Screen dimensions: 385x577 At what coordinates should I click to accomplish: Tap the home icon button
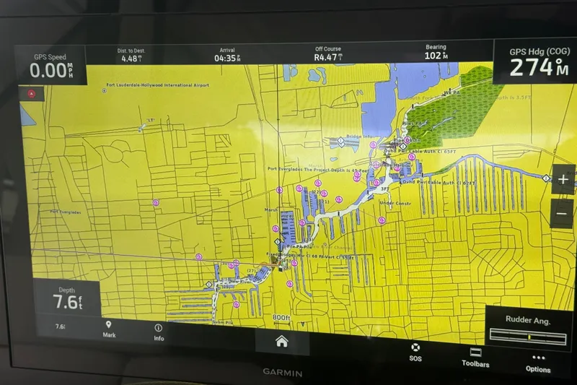(x=281, y=342)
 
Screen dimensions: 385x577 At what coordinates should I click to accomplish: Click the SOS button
(x=415, y=352)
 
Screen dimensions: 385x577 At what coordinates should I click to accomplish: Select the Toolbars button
(x=475, y=357)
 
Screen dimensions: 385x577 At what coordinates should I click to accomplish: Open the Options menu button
(x=538, y=363)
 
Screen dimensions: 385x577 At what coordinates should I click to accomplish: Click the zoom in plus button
(x=563, y=180)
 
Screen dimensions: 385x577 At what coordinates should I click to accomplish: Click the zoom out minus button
(x=563, y=213)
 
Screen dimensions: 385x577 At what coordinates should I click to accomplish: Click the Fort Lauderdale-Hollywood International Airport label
(x=157, y=85)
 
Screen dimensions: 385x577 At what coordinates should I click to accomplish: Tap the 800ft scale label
(x=281, y=318)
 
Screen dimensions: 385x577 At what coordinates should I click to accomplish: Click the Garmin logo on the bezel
(x=283, y=373)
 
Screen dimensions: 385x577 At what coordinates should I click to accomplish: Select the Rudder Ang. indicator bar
(x=527, y=336)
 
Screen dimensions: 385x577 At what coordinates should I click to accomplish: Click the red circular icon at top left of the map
(x=31, y=93)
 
